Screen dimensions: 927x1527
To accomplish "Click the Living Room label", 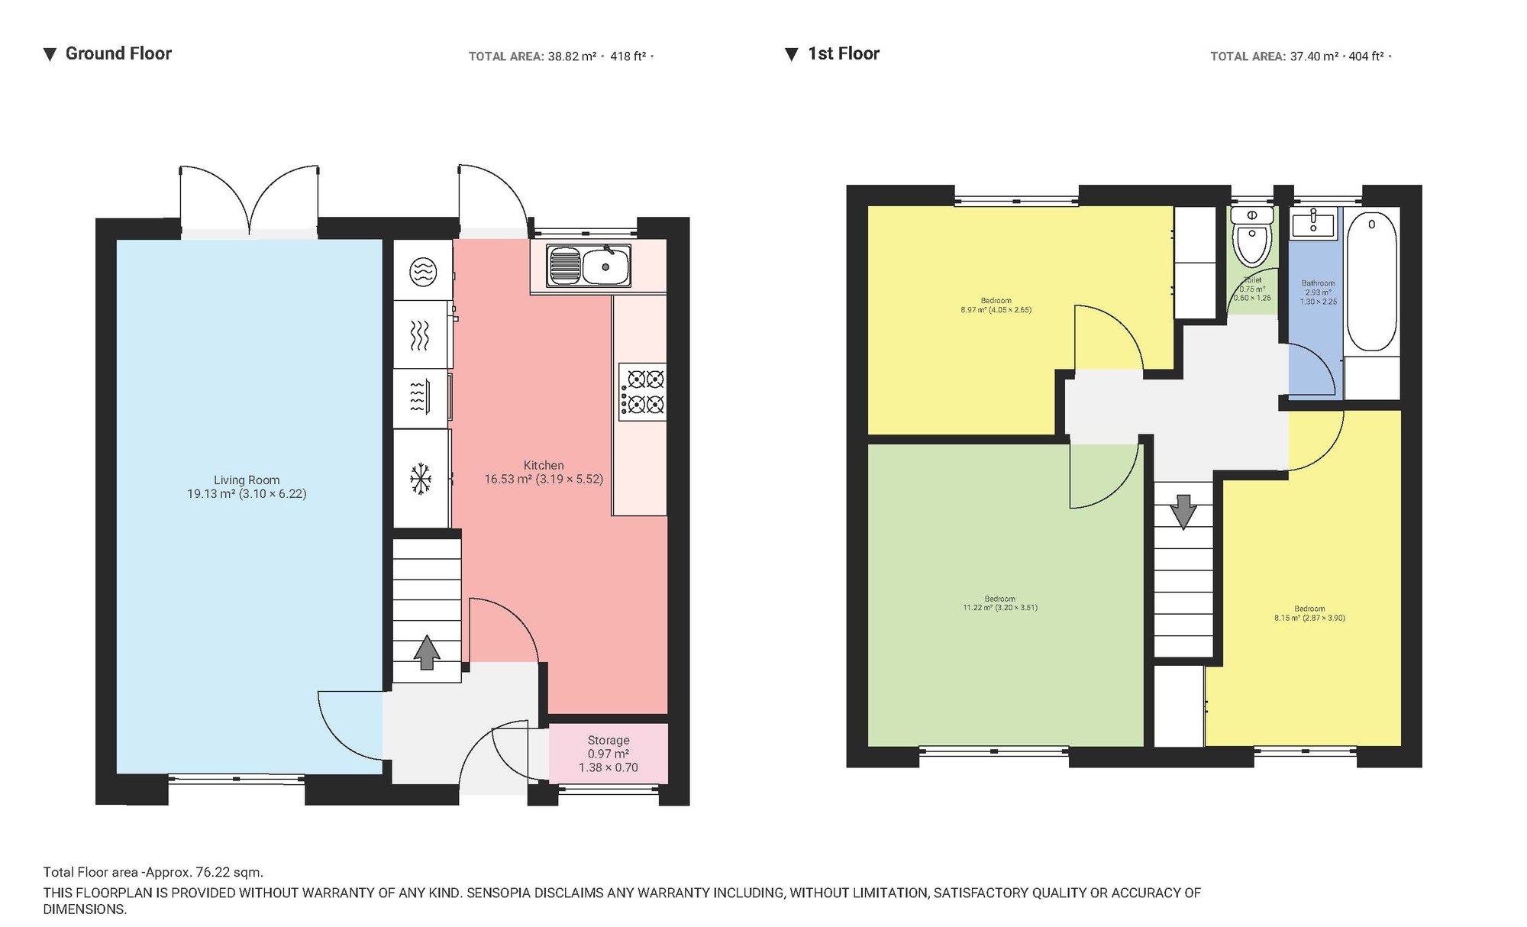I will pos(247,486).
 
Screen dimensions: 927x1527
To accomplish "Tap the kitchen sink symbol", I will pos(588,266).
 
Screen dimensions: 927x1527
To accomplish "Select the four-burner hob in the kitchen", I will pos(643,392).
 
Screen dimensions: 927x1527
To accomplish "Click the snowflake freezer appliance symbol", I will pos(421,479).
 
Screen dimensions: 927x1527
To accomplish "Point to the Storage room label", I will pos(609,754).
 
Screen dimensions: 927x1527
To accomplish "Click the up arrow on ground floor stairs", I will pos(427,652).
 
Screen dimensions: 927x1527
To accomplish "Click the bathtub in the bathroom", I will pos(1371,281).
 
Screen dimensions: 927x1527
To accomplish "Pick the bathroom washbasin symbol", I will pos(1312,224).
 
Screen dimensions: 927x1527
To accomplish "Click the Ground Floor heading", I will pos(118,53).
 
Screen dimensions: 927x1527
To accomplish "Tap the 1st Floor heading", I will pos(843,53).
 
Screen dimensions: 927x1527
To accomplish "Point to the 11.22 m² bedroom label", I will pos(999,603).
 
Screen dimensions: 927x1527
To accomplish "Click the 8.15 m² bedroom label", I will pos(1309,613).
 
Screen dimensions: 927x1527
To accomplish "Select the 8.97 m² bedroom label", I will pos(996,305).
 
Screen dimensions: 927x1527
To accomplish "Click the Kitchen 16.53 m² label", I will pos(544,472).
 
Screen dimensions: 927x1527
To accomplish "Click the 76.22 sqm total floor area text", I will pos(153,872).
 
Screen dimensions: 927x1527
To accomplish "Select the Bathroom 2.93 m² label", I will pos(1319,292).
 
